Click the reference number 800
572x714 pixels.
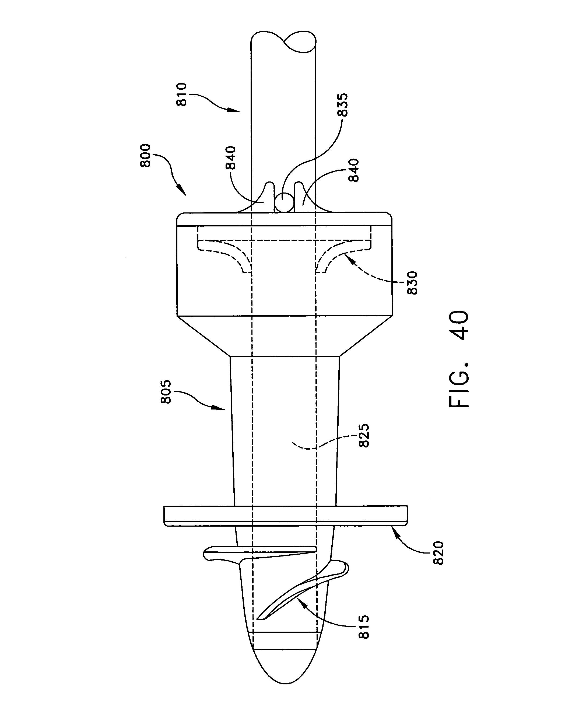click(x=145, y=156)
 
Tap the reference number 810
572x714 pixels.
click(x=182, y=94)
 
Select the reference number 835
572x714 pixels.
click(x=343, y=105)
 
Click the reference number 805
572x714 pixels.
click(x=166, y=391)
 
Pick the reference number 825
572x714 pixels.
click(x=364, y=436)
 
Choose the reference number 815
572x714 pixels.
click(x=364, y=627)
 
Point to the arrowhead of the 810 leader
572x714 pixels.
click(x=236, y=111)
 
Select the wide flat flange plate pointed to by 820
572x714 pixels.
click(x=286, y=516)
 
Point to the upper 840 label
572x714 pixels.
click(x=230, y=158)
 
